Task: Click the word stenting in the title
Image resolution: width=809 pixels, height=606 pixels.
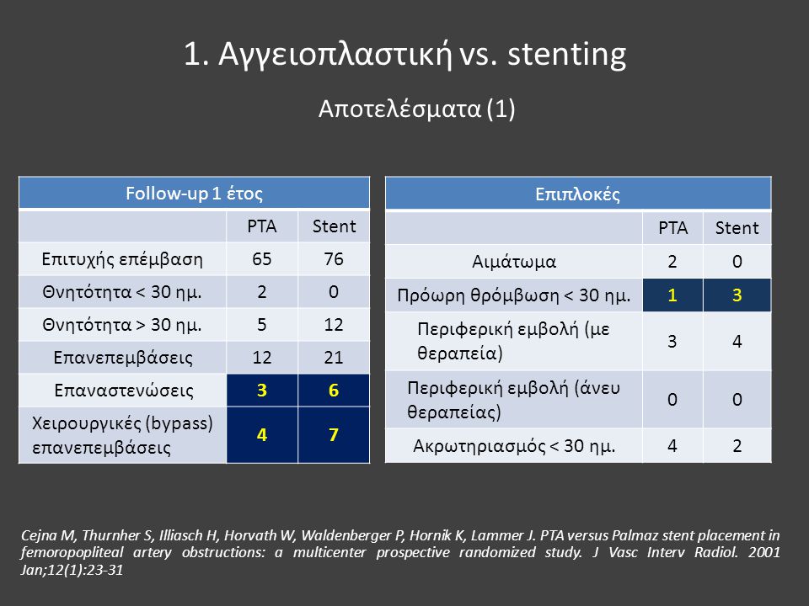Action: [x=566, y=55]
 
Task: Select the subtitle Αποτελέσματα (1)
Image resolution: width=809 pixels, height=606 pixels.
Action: [x=417, y=109]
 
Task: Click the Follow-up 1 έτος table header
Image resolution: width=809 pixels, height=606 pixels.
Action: [x=194, y=194]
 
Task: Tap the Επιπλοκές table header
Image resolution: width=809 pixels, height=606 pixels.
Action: [x=577, y=194]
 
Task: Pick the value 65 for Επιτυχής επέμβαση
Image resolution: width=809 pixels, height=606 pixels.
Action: [x=261, y=258]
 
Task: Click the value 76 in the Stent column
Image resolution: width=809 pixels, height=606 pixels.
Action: [x=334, y=258]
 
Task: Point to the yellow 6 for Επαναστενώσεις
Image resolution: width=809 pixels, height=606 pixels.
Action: [x=334, y=390]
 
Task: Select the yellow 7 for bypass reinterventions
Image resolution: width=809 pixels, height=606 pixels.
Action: [x=334, y=434]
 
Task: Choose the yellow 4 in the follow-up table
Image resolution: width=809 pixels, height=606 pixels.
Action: [x=262, y=434]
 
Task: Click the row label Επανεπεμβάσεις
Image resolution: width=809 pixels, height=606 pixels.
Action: [x=123, y=358]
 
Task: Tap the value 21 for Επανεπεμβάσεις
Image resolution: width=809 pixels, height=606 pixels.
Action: [x=334, y=357]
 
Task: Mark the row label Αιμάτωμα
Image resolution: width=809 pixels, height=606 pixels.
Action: [x=514, y=262]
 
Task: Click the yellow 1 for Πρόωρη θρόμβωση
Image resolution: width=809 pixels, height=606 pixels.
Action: [x=672, y=295]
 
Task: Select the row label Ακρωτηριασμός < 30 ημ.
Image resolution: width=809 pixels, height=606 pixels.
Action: [x=514, y=446]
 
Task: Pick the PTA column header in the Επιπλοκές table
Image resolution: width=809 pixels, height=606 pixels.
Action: [x=672, y=228]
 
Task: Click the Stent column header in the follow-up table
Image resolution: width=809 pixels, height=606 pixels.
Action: [x=334, y=226]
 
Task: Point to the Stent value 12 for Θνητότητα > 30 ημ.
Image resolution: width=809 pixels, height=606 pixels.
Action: [x=334, y=325]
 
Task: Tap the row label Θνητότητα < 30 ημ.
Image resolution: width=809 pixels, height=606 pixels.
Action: [x=121, y=292]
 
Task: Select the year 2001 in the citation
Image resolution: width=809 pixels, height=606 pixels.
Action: [x=764, y=552]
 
